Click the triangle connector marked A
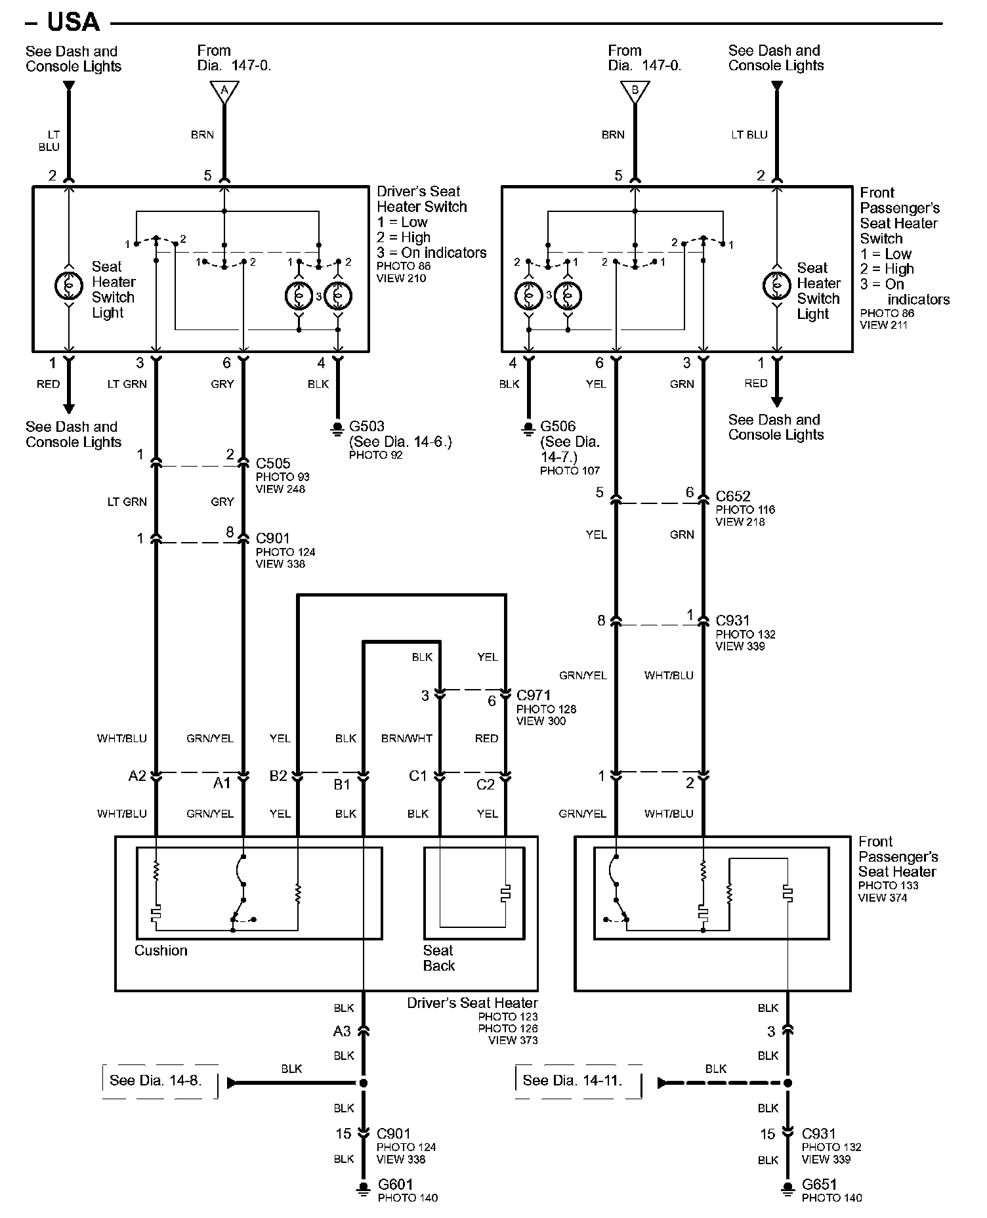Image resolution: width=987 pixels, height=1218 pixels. [x=224, y=91]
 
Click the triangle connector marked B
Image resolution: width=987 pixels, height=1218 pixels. [x=635, y=91]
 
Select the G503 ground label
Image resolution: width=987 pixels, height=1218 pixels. [x=366, y=427]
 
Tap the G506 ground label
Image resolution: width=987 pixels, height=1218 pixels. [x=557, y=427]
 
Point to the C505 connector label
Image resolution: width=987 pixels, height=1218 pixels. [x=273, y=463]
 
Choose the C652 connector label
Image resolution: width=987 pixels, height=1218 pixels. [x=733, y=496]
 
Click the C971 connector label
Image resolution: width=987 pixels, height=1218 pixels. [x=534, y=695]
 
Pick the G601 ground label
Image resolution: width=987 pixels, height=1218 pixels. [x=396, y=1185]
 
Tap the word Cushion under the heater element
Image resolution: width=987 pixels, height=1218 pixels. [x=161, y=950]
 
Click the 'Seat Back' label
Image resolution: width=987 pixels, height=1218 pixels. [x=438, y=957]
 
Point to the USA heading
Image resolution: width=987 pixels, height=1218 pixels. [x=73, y=22]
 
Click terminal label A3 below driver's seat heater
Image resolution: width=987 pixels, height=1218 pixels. [x=342, y=1031]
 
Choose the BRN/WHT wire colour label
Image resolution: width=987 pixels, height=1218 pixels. [x=407, y=738]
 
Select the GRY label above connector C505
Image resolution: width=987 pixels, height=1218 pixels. [x=222, y=384]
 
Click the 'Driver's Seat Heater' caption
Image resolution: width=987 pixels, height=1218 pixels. [x=472, y=1003]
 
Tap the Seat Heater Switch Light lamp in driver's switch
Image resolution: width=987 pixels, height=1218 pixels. [x=69, y=285]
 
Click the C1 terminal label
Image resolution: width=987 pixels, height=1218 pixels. [x=418, y=776]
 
